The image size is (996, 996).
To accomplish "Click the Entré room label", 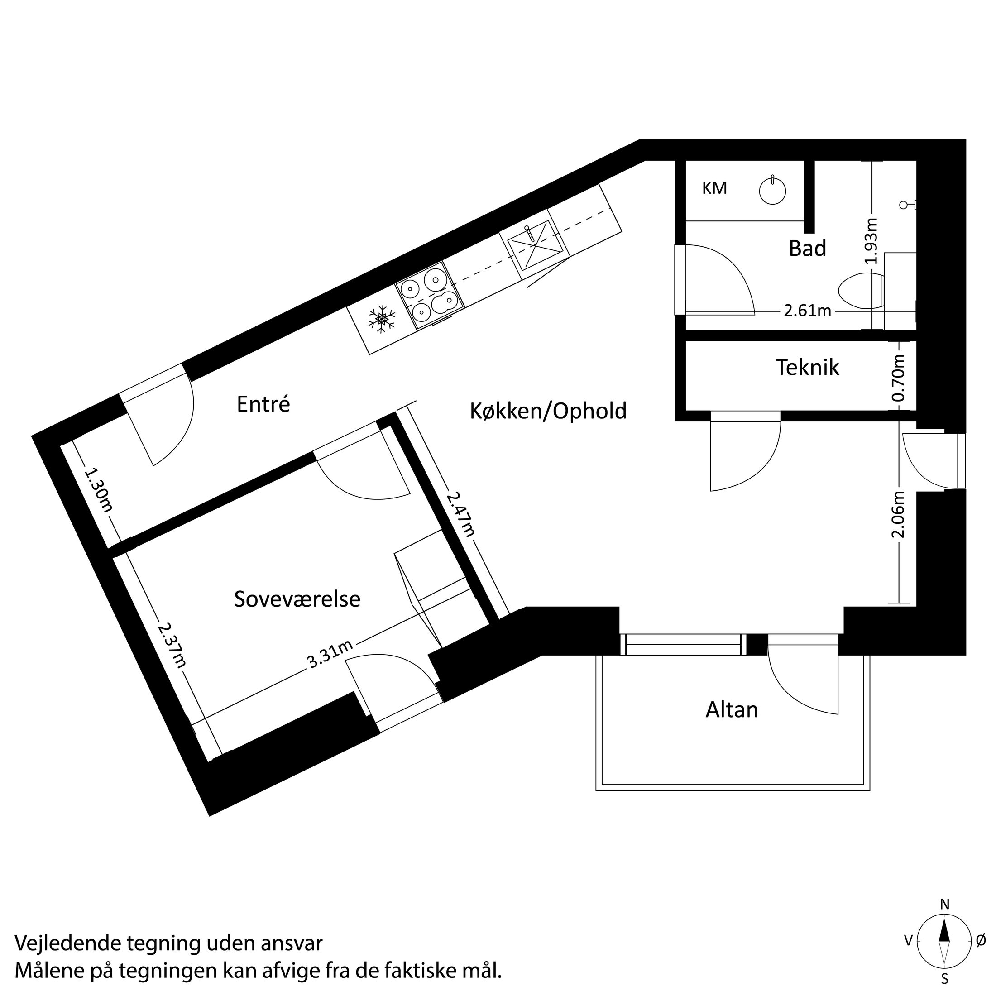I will point(263,404).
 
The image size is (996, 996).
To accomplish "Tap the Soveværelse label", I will point(297,599).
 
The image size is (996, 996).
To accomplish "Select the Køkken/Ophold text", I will point(548,411).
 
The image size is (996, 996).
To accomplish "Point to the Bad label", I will point(807,249).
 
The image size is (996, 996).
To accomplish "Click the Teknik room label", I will point(807,368).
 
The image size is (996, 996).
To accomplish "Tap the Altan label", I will point(732,710).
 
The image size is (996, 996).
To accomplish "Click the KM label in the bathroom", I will point(714,189).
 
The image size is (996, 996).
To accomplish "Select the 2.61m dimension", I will point(807,311).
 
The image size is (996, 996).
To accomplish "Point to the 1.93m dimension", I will point(871,241).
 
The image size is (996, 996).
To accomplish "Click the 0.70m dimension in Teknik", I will point(899,378).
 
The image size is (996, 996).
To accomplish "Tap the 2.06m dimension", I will point(899,514).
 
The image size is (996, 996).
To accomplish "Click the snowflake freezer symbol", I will point(382,319).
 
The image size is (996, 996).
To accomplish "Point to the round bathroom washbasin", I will point(772,191).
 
